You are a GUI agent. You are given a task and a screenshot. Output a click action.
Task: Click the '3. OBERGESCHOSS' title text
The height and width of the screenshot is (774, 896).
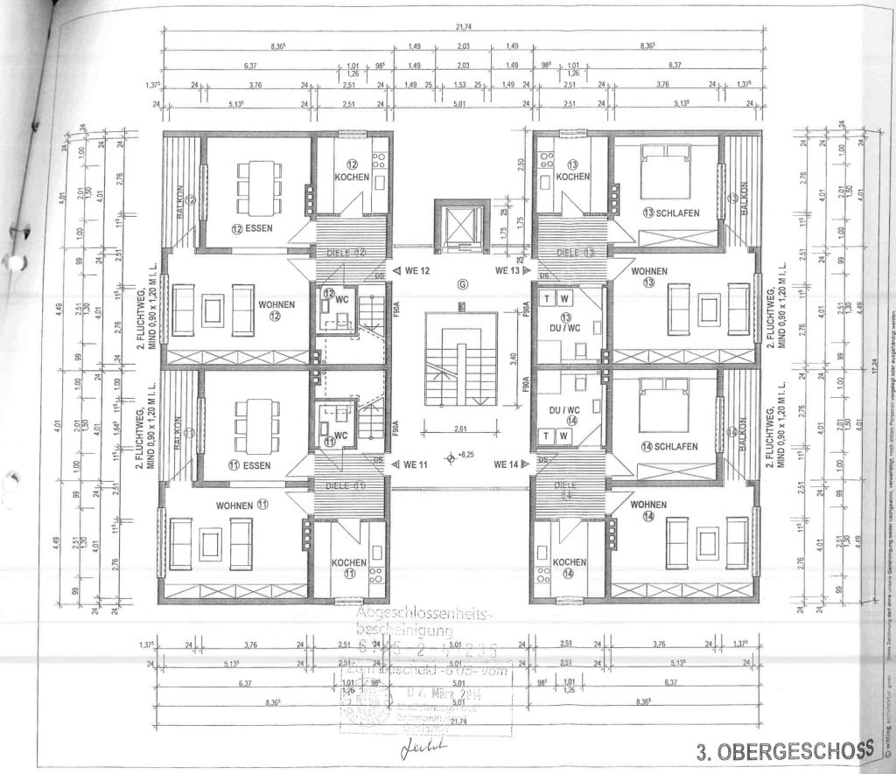pos(784,750)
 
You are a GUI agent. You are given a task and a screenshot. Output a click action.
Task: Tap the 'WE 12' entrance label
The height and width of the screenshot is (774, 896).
pos(413,270)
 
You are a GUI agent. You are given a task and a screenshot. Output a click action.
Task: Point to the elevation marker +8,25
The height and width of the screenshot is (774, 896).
pos(458,456)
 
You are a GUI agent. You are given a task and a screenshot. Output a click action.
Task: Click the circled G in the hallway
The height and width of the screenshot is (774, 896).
pos(464,284)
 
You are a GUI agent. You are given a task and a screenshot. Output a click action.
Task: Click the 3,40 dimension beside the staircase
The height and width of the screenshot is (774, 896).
pos(514,357)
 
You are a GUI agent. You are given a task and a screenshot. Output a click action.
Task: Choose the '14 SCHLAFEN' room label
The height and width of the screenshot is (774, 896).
pos(669,446)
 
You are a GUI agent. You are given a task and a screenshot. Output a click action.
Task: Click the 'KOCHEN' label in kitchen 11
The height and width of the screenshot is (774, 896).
pos(349,562)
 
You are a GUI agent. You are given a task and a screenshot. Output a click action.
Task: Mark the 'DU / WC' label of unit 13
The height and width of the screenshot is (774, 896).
pos(566,327)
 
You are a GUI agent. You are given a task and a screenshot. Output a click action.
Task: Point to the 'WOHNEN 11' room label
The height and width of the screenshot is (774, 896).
pos(241,505)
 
